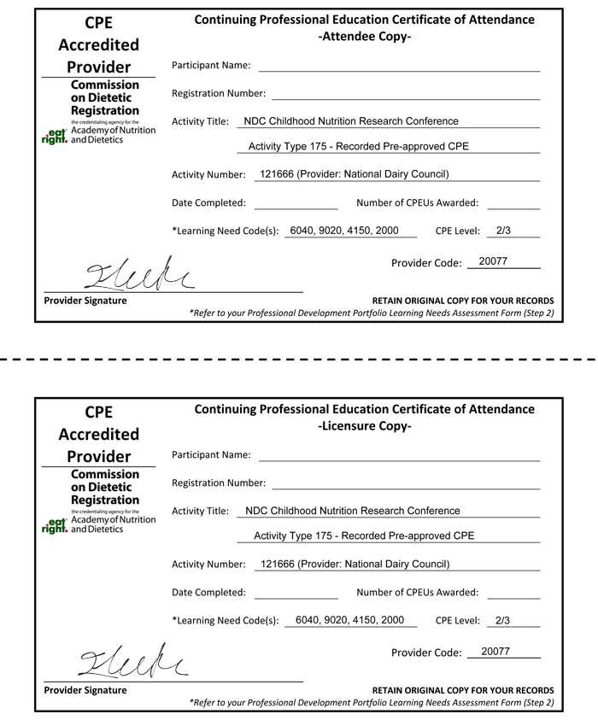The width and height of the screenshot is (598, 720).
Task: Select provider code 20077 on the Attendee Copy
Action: [494, 261]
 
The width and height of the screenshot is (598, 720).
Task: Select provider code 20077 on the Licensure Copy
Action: [495, 651]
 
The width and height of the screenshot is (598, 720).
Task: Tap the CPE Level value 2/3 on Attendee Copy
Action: [503, 231]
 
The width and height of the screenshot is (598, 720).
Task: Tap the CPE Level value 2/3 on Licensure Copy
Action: [503, 620]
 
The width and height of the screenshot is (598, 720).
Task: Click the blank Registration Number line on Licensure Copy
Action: [406, 484]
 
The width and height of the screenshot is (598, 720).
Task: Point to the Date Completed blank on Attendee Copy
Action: [296, 204]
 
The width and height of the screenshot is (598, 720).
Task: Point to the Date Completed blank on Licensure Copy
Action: [296, 594]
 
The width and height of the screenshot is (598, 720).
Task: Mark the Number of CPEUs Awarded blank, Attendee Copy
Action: [513, 204]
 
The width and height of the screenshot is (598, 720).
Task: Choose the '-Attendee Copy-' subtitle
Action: [364, 37]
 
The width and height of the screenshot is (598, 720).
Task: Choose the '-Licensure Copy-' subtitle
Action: [364, 426]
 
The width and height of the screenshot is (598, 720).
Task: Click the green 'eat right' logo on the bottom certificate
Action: [55, 524]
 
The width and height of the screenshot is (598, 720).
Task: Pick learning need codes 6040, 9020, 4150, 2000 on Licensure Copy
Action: [349, 620]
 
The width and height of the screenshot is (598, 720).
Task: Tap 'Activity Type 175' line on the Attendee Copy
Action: [358, 146]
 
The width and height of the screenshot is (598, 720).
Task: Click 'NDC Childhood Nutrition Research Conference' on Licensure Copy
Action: [352, 511]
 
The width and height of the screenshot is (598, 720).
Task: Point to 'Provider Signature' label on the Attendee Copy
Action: [85, 301]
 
